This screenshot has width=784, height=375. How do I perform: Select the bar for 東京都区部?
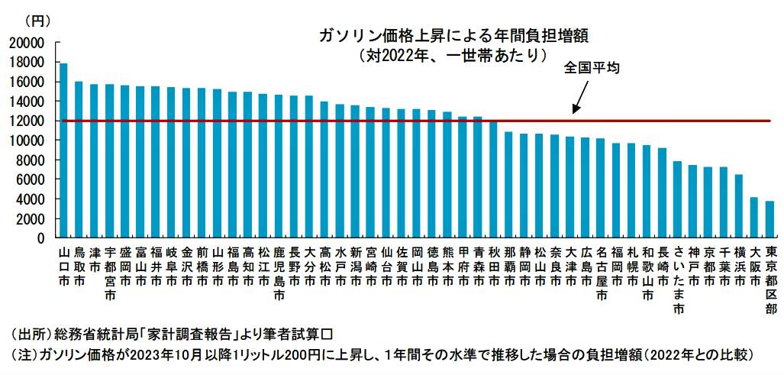tap(769, 219)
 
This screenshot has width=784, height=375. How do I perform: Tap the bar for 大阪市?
tap(754, 218)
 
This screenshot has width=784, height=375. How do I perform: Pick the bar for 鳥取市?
tap(79, 160)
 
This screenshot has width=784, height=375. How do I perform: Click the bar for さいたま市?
tap(677, 199)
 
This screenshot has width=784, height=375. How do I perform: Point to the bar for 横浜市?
tap(739, 206)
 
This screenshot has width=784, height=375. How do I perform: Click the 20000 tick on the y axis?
tap(27, 43)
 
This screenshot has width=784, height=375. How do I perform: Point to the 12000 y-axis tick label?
tap(27, 121)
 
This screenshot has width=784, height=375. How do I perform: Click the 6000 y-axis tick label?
tap(31, 180)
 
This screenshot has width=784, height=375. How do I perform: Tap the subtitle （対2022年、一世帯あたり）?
tap(455, 56)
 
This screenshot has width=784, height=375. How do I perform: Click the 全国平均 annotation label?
tap(592, 68)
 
